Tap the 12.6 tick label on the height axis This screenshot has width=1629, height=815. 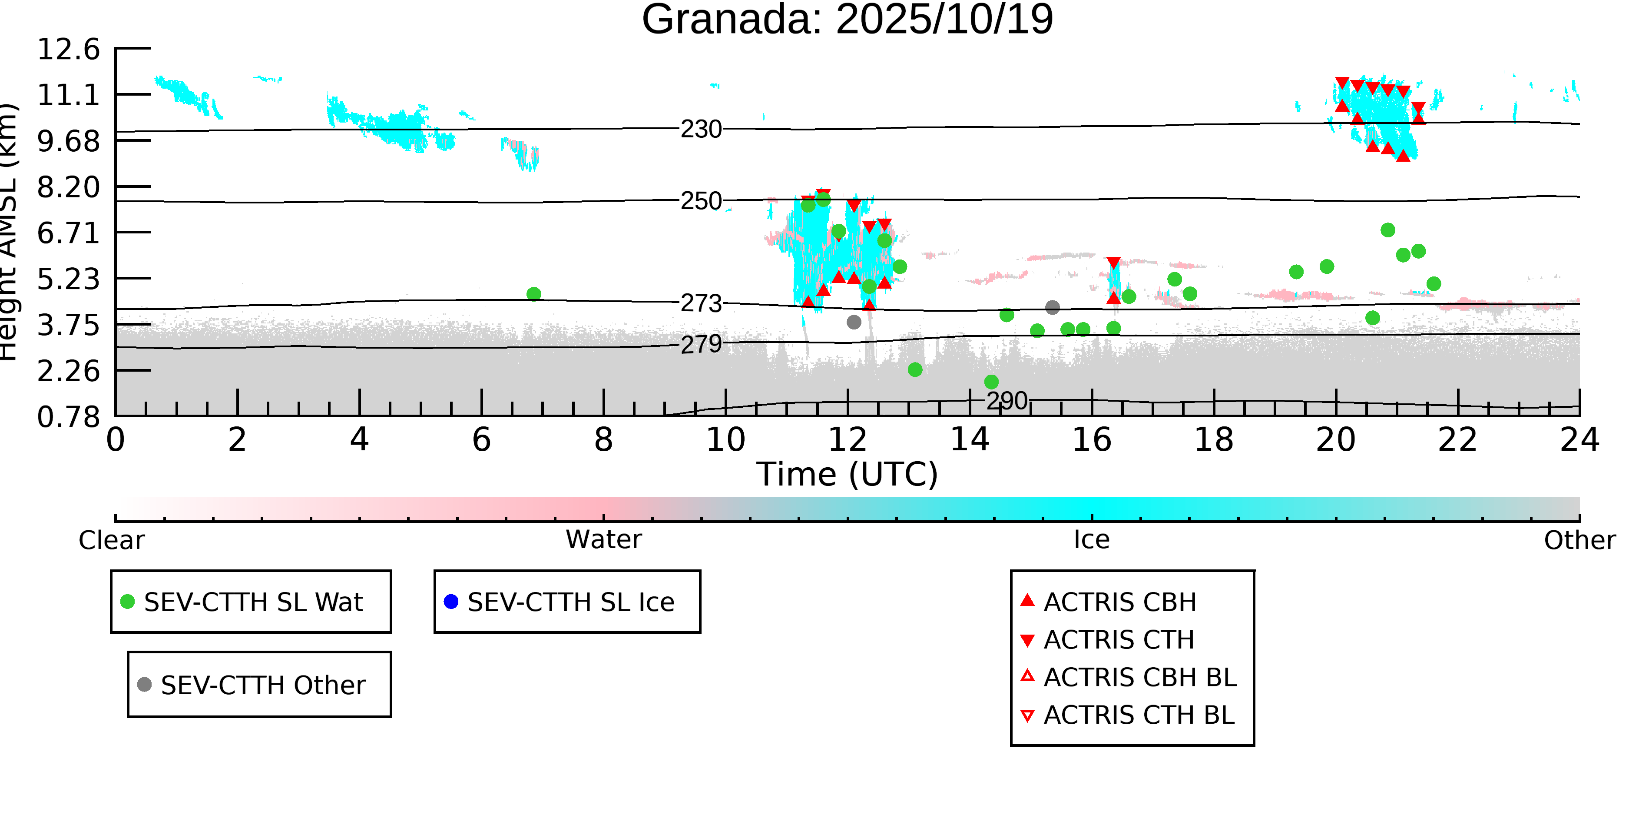tap(68, 50)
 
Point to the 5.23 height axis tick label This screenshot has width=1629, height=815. tap(68, 279)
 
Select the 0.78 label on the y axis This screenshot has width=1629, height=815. tap(68, 417)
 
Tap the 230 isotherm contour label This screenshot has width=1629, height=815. tap(701, 130)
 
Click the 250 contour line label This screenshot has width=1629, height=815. tap(701, 201)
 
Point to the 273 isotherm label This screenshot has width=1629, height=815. tap(701, 304)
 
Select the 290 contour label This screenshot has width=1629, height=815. tap(1007, 401)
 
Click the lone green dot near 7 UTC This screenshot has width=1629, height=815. tap(534, 294)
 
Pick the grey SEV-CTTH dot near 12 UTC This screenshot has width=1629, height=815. tap(854, 322)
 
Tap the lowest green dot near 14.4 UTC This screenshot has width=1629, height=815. tap(991, 382)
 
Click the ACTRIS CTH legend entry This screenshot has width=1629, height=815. tap(1119, 640)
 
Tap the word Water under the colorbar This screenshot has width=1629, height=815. tap(603, 540)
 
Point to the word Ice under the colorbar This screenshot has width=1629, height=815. tap(1092, 540)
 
